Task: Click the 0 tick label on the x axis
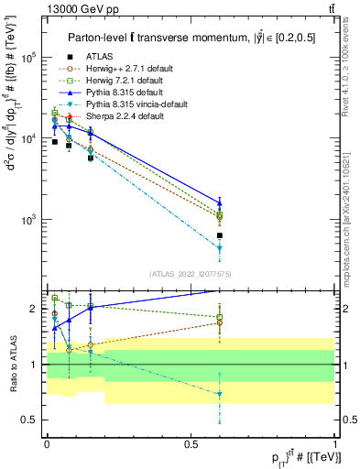[x=46, y=444]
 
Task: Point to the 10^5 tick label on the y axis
[x=27, y=57]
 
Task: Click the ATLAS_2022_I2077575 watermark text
[x=191, y=273]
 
